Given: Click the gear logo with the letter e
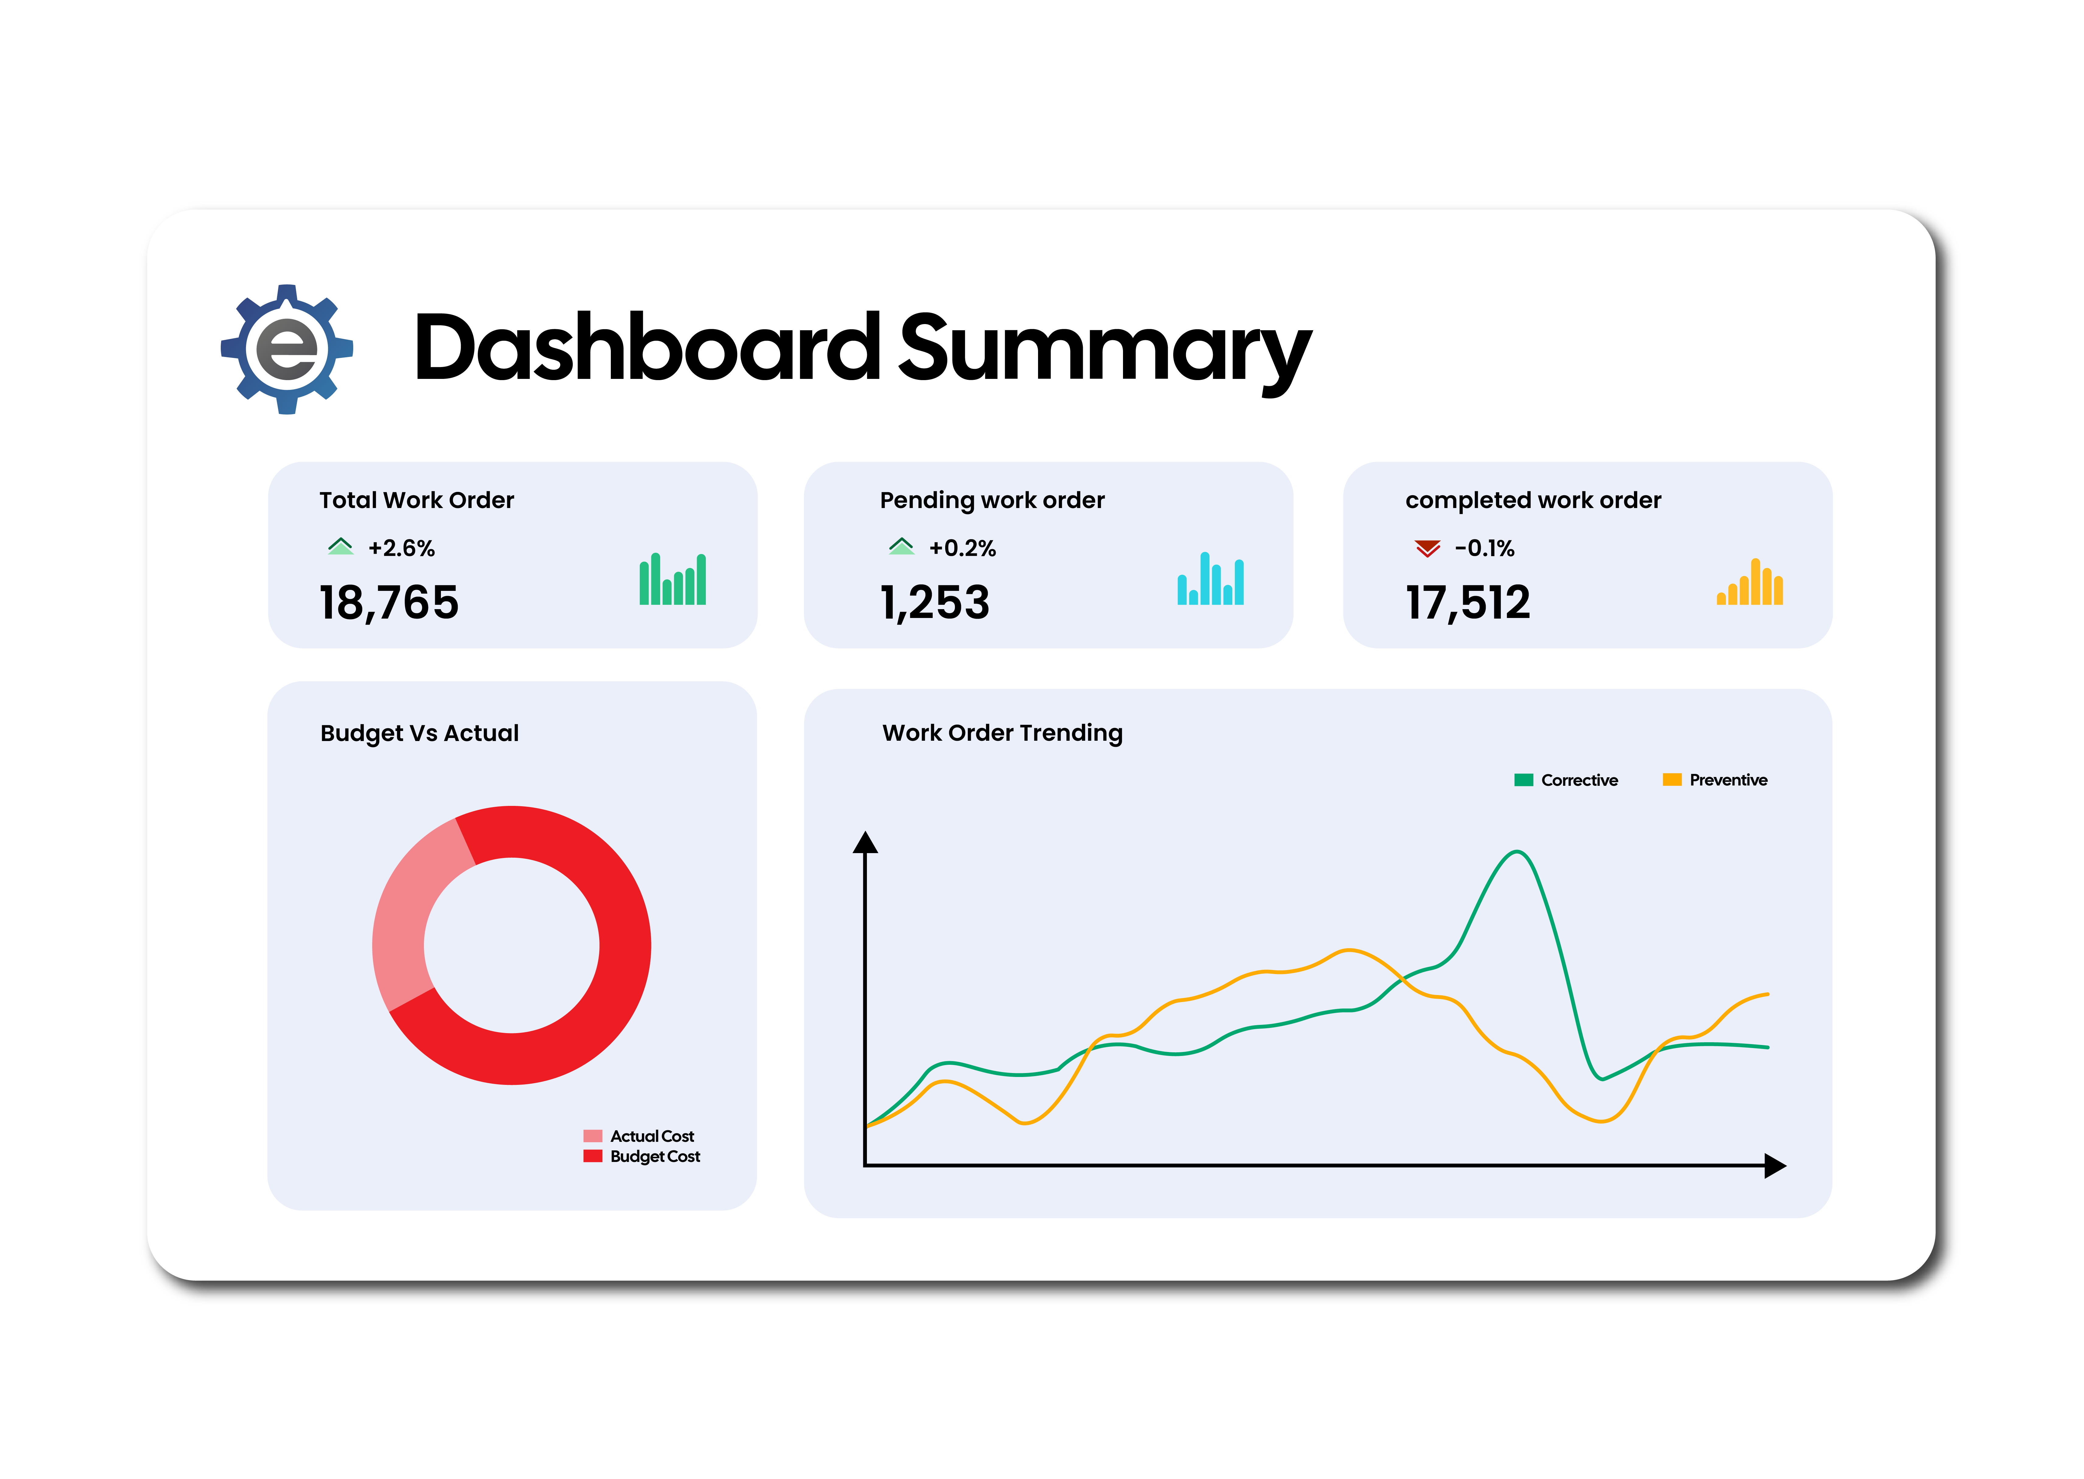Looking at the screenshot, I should click(x=287, y=349).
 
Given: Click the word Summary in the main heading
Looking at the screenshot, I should click(x=1104, y=349).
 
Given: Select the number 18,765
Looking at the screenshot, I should click(x=389, y=603).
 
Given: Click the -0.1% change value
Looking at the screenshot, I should click(x=1484, y=548).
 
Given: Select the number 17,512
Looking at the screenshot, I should click(x=1468, y=603).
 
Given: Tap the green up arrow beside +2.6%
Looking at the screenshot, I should click(x=340, y=546).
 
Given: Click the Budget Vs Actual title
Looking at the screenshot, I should click(x=420, y=733).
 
